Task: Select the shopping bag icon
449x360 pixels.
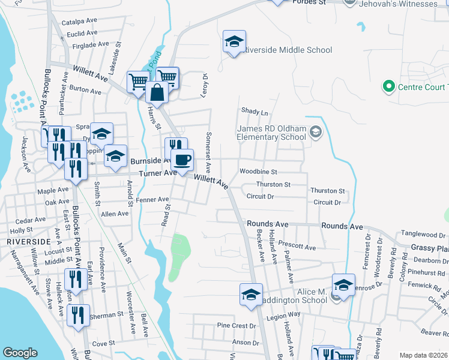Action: pos(157,93)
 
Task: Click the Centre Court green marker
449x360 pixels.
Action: pos(388,87)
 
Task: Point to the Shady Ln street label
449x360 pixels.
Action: pos(255,112)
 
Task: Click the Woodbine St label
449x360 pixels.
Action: pos(258,172)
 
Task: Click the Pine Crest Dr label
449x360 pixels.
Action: pos(237,326)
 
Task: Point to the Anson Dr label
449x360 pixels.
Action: pos(247,343)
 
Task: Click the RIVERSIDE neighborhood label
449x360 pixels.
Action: pos(28,241)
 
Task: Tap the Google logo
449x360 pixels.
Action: pos(20,353)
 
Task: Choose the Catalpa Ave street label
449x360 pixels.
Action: pos(79,22)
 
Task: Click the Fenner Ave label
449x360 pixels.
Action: pos(152,199)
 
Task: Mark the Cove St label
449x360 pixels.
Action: pos(104,343)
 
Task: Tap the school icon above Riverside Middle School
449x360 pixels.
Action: pos(234,41)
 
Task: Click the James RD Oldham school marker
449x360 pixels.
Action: pos(316,132)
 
